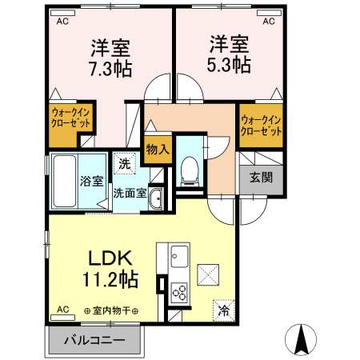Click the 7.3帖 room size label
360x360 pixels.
(110, 67)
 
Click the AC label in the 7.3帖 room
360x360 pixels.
(62, 22)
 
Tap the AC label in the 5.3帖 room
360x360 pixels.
(270, 22)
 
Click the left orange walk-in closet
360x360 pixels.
(70, 120)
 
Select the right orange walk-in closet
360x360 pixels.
(261, 125)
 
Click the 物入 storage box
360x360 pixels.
(158, 148)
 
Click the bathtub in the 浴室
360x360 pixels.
(65, 181)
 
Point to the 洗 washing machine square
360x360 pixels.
(124, 163)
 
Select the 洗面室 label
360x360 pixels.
(128, 193)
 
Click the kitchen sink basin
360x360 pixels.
(178, 258)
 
